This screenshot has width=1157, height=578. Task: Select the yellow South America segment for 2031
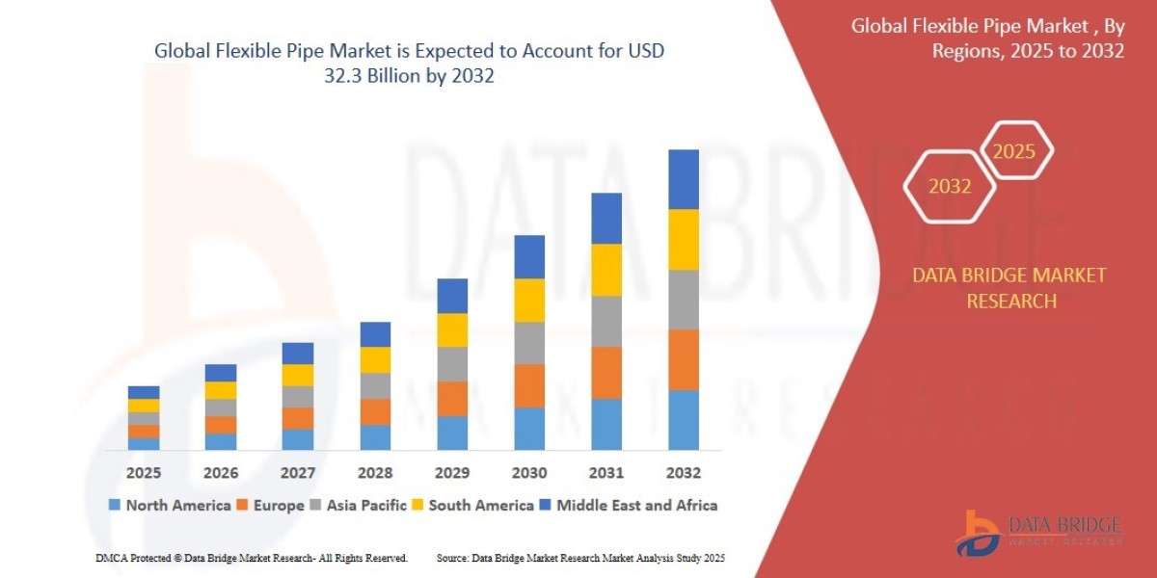(x=605, y=270)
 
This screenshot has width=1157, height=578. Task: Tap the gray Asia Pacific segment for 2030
(x=528, y=343)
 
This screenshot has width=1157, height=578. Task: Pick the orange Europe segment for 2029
(x=451, y=399)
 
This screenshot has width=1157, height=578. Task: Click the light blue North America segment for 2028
(x=375, y=437)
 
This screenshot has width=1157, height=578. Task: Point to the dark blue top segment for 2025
(x=144, y=392)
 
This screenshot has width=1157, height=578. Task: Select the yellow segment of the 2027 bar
(x=298, y=376)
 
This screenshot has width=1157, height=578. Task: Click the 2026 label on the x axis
(x=221, y=473)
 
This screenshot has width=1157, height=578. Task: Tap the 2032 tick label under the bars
(x=683, y=473)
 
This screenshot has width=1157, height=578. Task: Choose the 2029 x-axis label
(x=451, y=473)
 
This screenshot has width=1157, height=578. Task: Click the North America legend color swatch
(x=116, y=505)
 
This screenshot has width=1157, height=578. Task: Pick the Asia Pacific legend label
(x=366, y=505)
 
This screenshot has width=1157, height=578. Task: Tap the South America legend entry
(x=480, y=505)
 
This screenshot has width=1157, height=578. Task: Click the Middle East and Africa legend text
(x=636, y=505)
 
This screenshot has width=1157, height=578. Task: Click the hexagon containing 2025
(x=1014, y=151)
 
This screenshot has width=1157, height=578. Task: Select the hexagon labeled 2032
(x=950, y=186)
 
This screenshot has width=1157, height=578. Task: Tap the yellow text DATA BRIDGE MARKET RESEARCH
(x=1009, y=288)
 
